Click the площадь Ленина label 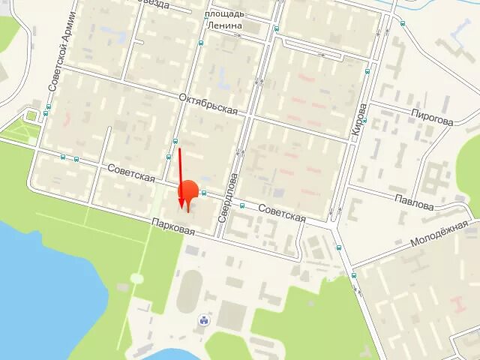[224, 19]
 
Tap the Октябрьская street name [208, 104]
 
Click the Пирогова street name [431, 118]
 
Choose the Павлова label [413, 202]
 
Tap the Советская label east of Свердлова [282, 212]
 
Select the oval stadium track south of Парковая [190, 291]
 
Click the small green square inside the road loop [32, 115]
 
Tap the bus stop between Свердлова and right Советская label [242, 205]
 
